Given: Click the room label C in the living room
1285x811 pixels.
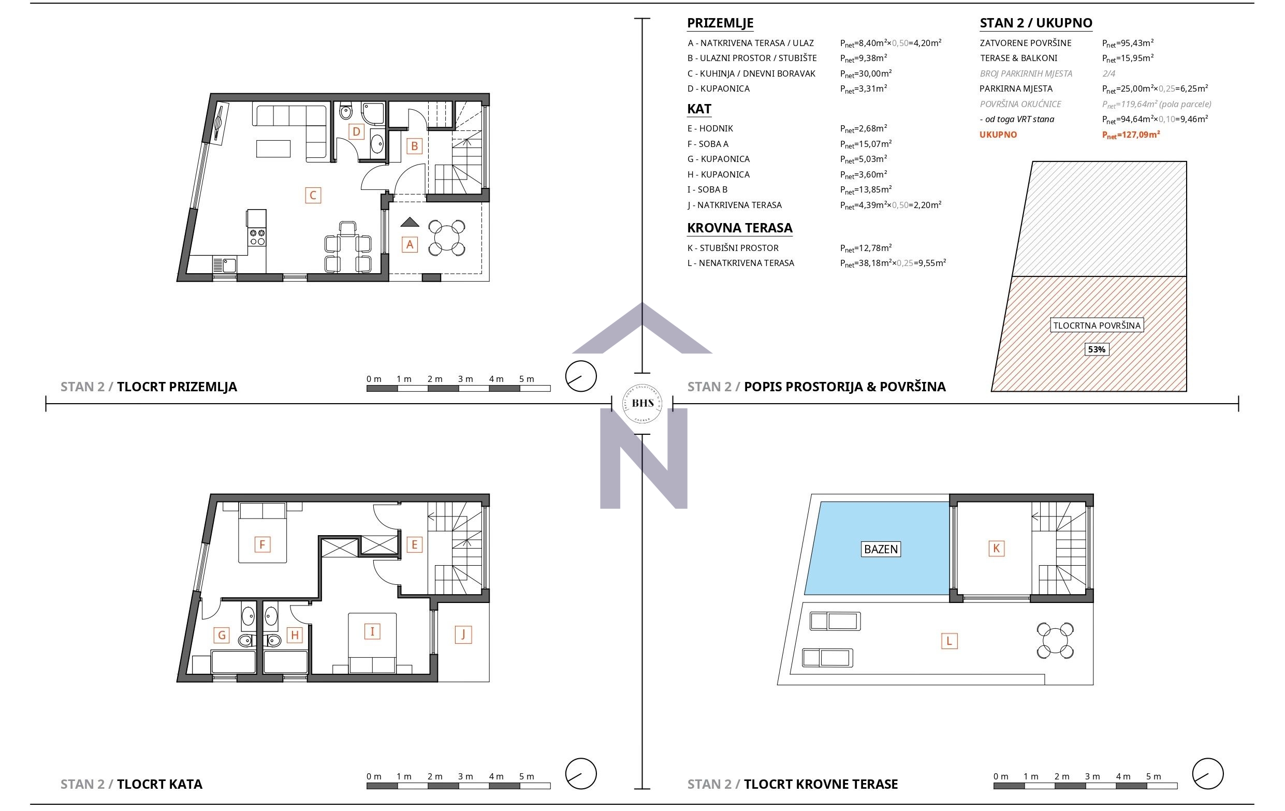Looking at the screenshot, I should pyautogui.click(x=313, y=195).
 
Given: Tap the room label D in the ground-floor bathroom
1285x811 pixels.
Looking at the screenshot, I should pyautogui.click(x=356, y=131).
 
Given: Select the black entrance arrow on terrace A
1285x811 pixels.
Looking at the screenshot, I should pyautogui.click(x=410, y=222).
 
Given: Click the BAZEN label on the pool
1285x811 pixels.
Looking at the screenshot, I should pyautogui.click(x=881, y=549).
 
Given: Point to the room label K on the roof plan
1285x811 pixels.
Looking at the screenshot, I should pyautogui.click(x=996, y=549).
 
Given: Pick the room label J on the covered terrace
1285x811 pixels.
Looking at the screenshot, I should pyautogui.click(x=463, y=635).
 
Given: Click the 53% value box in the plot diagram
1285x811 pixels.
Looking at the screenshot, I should pyautogui.click(x=1096, y=349).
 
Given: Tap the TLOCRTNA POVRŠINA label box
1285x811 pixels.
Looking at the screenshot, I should pyautogui.click(x=1096, y=326).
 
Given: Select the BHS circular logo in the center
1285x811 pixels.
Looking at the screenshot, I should pyautogui.click(x=642, y=403).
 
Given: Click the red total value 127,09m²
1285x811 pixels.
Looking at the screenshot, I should pyautogui.click(x=1130, y=135).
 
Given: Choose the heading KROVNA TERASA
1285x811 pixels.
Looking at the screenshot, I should pyautogui.click(x=739, y=228).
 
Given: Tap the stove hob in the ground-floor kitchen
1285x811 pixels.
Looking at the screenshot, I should pyautogui.click(x=257, y=237).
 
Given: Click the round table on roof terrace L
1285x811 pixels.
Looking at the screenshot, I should pyautogui.click(x=1055, y=640).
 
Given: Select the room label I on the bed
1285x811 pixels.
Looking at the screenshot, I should pyautogui.click(x=372, y=632).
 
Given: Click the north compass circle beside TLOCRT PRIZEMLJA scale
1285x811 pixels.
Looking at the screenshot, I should pyautogui.click(x=580, y=376).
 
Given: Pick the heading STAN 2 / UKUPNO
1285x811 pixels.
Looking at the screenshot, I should pyautogui.click(x=1035, y=23).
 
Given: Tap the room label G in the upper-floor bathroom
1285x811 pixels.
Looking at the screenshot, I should pyautogui.click(x=222, y=635).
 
